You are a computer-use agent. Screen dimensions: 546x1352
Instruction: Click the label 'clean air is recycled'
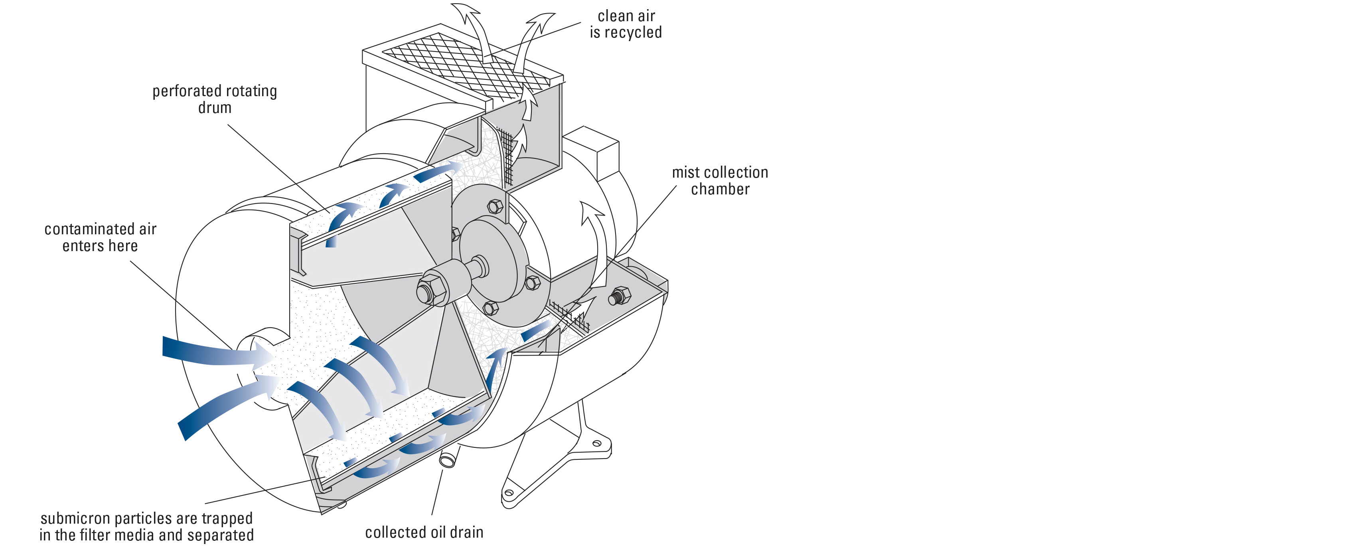point(626,24)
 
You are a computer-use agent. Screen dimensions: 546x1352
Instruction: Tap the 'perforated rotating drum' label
point(215,99)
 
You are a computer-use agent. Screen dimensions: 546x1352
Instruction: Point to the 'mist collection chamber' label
point(720,180)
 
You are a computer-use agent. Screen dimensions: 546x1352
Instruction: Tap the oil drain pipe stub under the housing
point(447,460)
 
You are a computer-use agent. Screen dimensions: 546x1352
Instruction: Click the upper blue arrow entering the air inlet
point(210,352)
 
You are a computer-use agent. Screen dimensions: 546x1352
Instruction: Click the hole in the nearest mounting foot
point(509,493)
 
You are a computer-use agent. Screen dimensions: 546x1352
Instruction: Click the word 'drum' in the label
point(215,108)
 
